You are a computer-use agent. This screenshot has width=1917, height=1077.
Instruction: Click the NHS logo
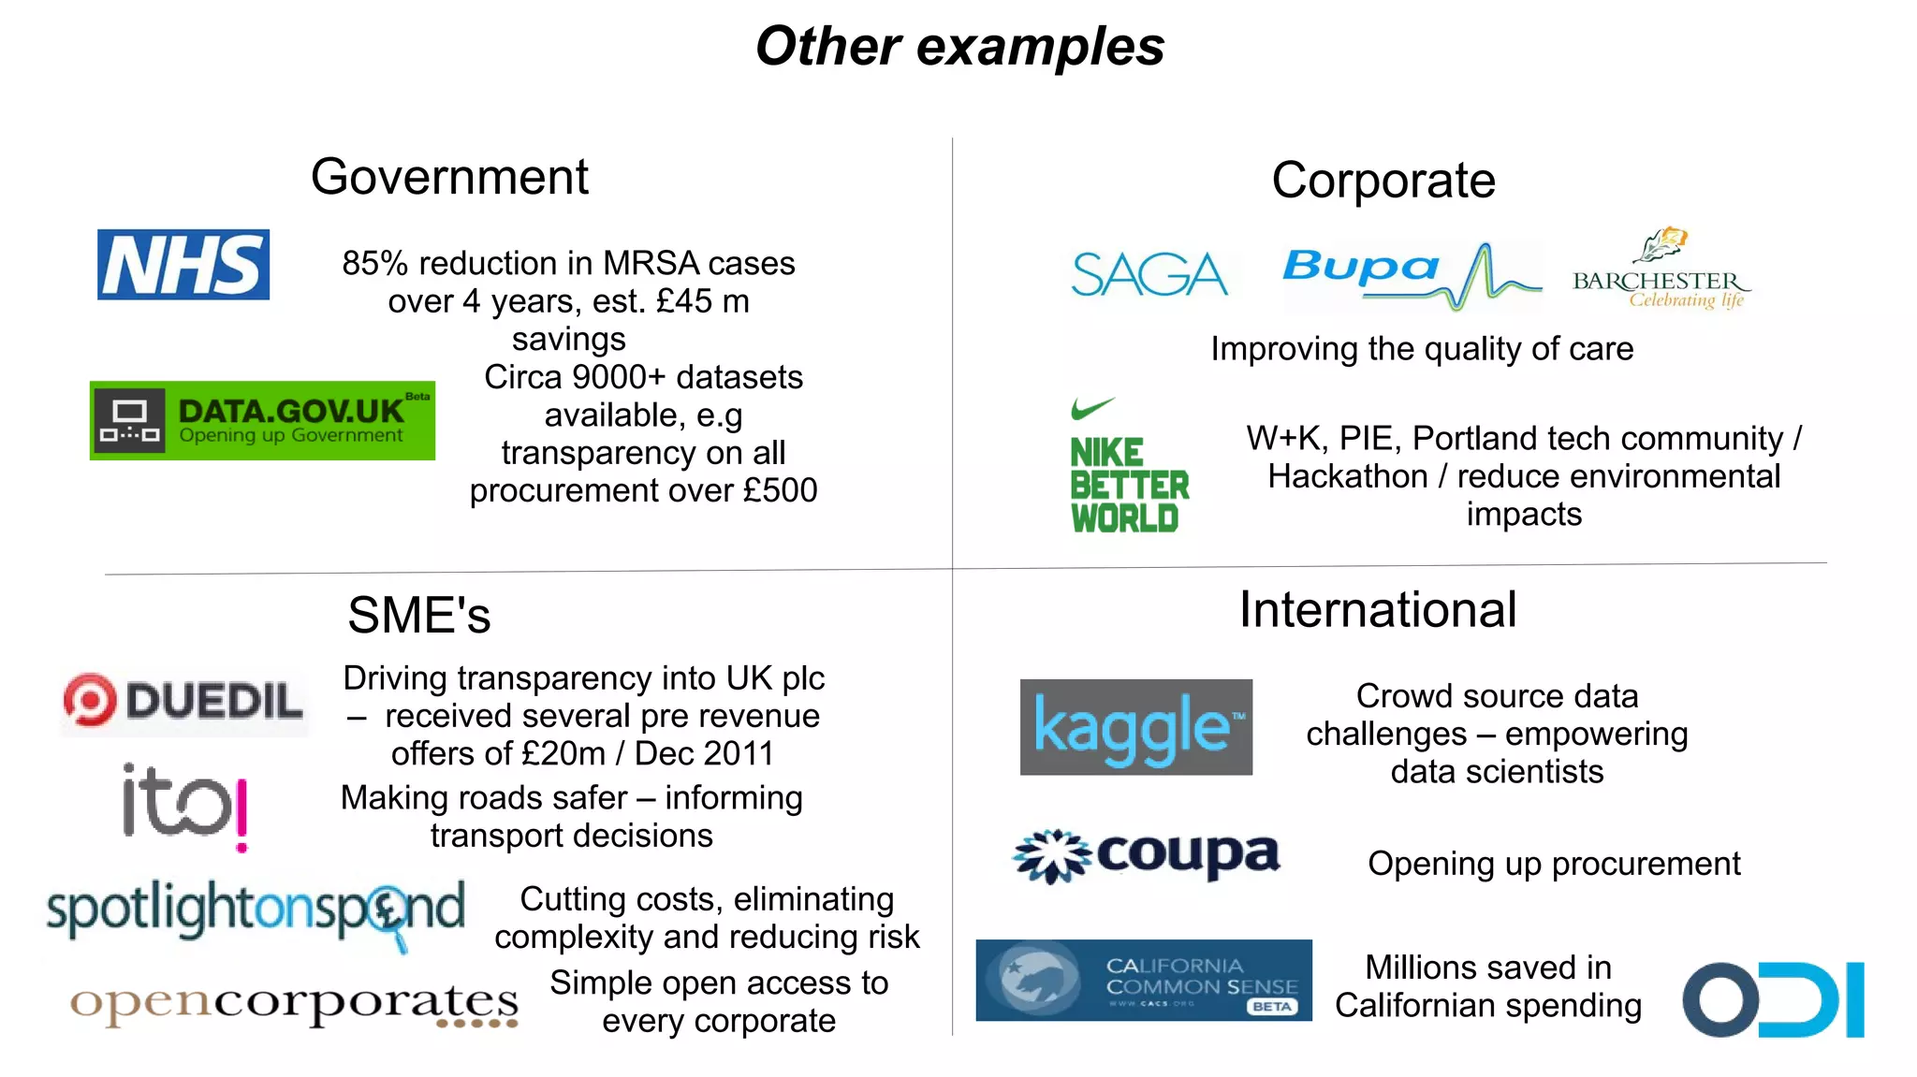[183, 265]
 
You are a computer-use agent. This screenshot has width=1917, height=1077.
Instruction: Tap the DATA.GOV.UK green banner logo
[262, 421]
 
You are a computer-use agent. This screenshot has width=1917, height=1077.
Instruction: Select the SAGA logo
[1149, 274]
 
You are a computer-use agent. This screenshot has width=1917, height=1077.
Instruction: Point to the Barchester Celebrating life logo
[1661, 271]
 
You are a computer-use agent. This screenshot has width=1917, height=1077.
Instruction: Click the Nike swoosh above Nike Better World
[1091, 408]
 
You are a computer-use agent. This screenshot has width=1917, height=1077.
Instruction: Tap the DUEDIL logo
[183, 701]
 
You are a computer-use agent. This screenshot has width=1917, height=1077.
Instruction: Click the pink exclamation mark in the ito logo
[241, 815]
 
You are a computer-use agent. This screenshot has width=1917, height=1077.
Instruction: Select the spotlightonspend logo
[256, 911]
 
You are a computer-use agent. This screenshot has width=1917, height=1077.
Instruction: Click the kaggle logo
[1136, 727]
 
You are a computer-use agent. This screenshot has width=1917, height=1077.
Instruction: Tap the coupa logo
[1148, 855]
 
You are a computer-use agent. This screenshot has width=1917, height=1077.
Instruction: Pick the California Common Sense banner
[1143, 980]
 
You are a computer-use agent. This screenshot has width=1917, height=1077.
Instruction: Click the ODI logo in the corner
[1773, 999]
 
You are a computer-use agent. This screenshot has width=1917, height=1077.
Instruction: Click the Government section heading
[449, 177]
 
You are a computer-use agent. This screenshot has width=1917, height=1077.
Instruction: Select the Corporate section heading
[1383, 180]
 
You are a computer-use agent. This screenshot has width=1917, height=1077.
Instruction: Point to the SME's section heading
[418, 615]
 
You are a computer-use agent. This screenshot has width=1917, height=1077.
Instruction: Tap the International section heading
[1377, 610]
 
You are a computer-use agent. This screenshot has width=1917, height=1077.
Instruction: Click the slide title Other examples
[959, 46]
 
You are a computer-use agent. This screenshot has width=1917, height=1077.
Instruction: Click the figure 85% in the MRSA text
[374, 264]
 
